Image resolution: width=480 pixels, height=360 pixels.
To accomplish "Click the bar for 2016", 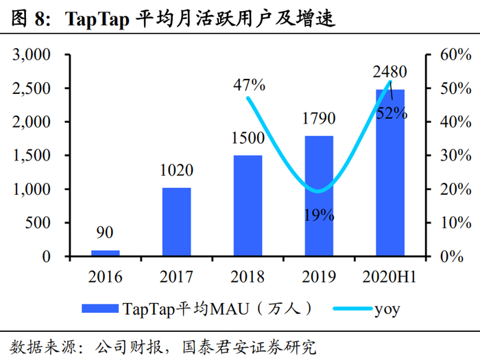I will [x=105, y=253].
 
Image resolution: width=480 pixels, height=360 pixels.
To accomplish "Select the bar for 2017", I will [x=176, y=221].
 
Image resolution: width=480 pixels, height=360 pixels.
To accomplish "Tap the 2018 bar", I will [x=248, y=206].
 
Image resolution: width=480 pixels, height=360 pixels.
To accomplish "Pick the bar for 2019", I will [x=319, y=196].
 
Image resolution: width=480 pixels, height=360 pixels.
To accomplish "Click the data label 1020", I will [x=176, y=171].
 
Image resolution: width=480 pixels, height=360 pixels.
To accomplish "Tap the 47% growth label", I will [x=248, y=85].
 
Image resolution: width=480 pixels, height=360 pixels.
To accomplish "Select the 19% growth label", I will [x=318, y=215].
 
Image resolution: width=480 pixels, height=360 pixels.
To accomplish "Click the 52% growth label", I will [x=392, y=114].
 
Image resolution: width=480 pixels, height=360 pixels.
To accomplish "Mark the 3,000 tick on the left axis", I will [x=32, y=55].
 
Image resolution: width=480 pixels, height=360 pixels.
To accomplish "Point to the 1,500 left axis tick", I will [x=32, y=156].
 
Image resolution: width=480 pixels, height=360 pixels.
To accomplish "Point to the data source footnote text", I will [x=165, y=346].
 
